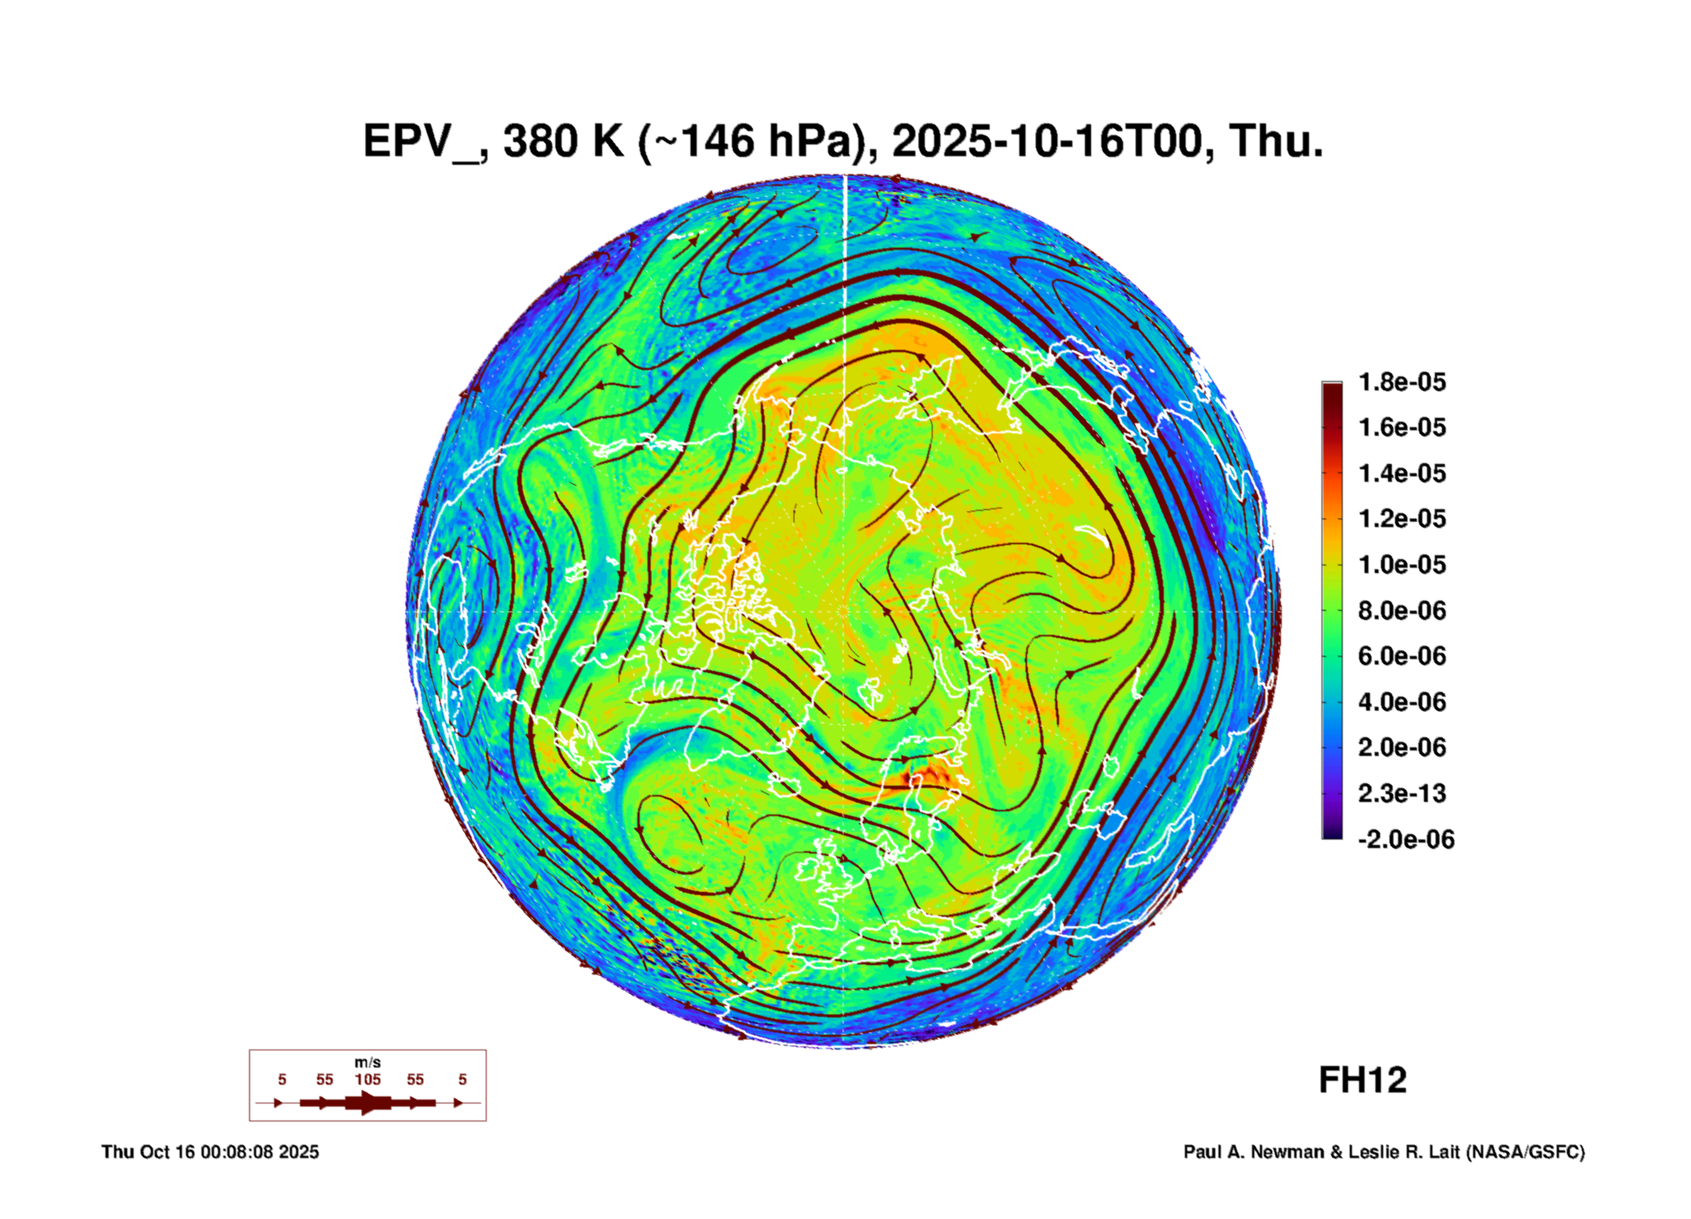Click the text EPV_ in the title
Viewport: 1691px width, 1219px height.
point(422,141)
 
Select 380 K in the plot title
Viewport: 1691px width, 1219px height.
point(564,141)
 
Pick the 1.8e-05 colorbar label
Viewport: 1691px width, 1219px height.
point(1402,382)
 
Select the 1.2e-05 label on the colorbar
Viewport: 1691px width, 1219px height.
point(1402,519)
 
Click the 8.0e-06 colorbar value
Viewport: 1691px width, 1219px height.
point(1402,610)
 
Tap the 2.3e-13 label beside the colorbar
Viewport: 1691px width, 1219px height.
point(1402,793)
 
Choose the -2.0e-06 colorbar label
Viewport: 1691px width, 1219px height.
point(1406,839)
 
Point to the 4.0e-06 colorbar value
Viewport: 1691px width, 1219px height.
point(1402,702)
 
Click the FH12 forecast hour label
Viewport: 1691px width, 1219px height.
point(1362,1081)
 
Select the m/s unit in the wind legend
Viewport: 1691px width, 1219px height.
point(368,1063)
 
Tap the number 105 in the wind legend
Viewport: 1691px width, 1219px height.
point(368,1079)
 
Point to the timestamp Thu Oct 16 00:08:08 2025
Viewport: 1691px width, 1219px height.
point(210,1152)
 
